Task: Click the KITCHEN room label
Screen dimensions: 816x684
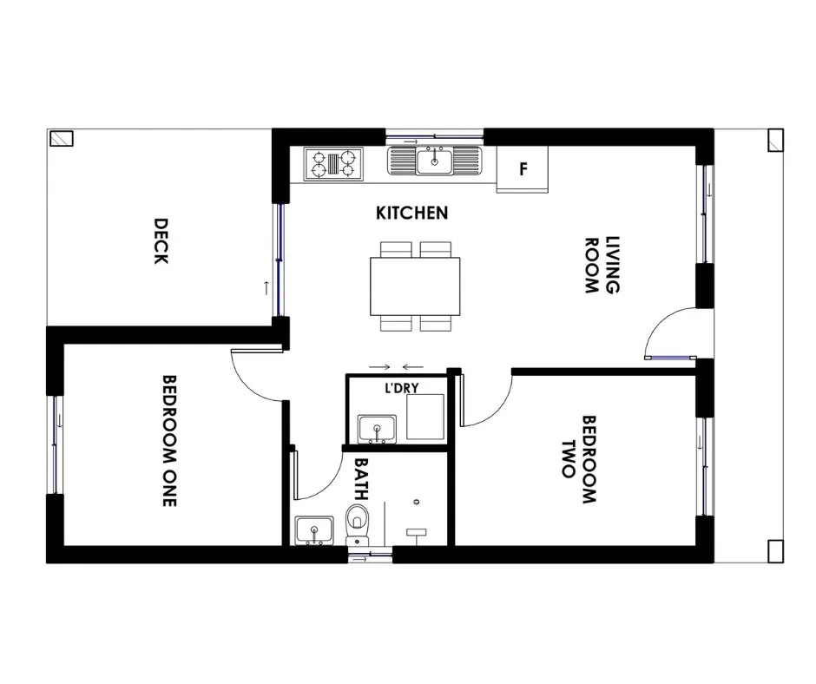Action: (411, 213)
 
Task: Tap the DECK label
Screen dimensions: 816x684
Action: (161, 241)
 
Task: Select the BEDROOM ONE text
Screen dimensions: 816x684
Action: (169, 440)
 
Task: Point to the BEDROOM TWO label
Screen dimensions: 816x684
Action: (579, 459)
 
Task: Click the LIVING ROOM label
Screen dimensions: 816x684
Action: (602, 265)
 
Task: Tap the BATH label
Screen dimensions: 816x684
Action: (361, 478)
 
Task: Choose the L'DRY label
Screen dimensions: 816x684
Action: (401, 388)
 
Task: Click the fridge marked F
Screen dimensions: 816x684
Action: (523, 169)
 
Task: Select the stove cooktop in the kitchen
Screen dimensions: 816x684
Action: (333, 164)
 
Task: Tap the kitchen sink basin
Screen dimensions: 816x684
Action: (435, 161)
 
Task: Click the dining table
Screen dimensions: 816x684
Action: (415, 286)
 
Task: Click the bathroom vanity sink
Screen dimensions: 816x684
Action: (313, 530)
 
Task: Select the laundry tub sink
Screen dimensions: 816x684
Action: (377, 429)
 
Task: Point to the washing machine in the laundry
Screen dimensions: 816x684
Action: (425, 417)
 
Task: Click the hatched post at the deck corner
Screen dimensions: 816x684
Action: (62, 139)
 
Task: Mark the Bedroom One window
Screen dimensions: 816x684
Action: (56, 445)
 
